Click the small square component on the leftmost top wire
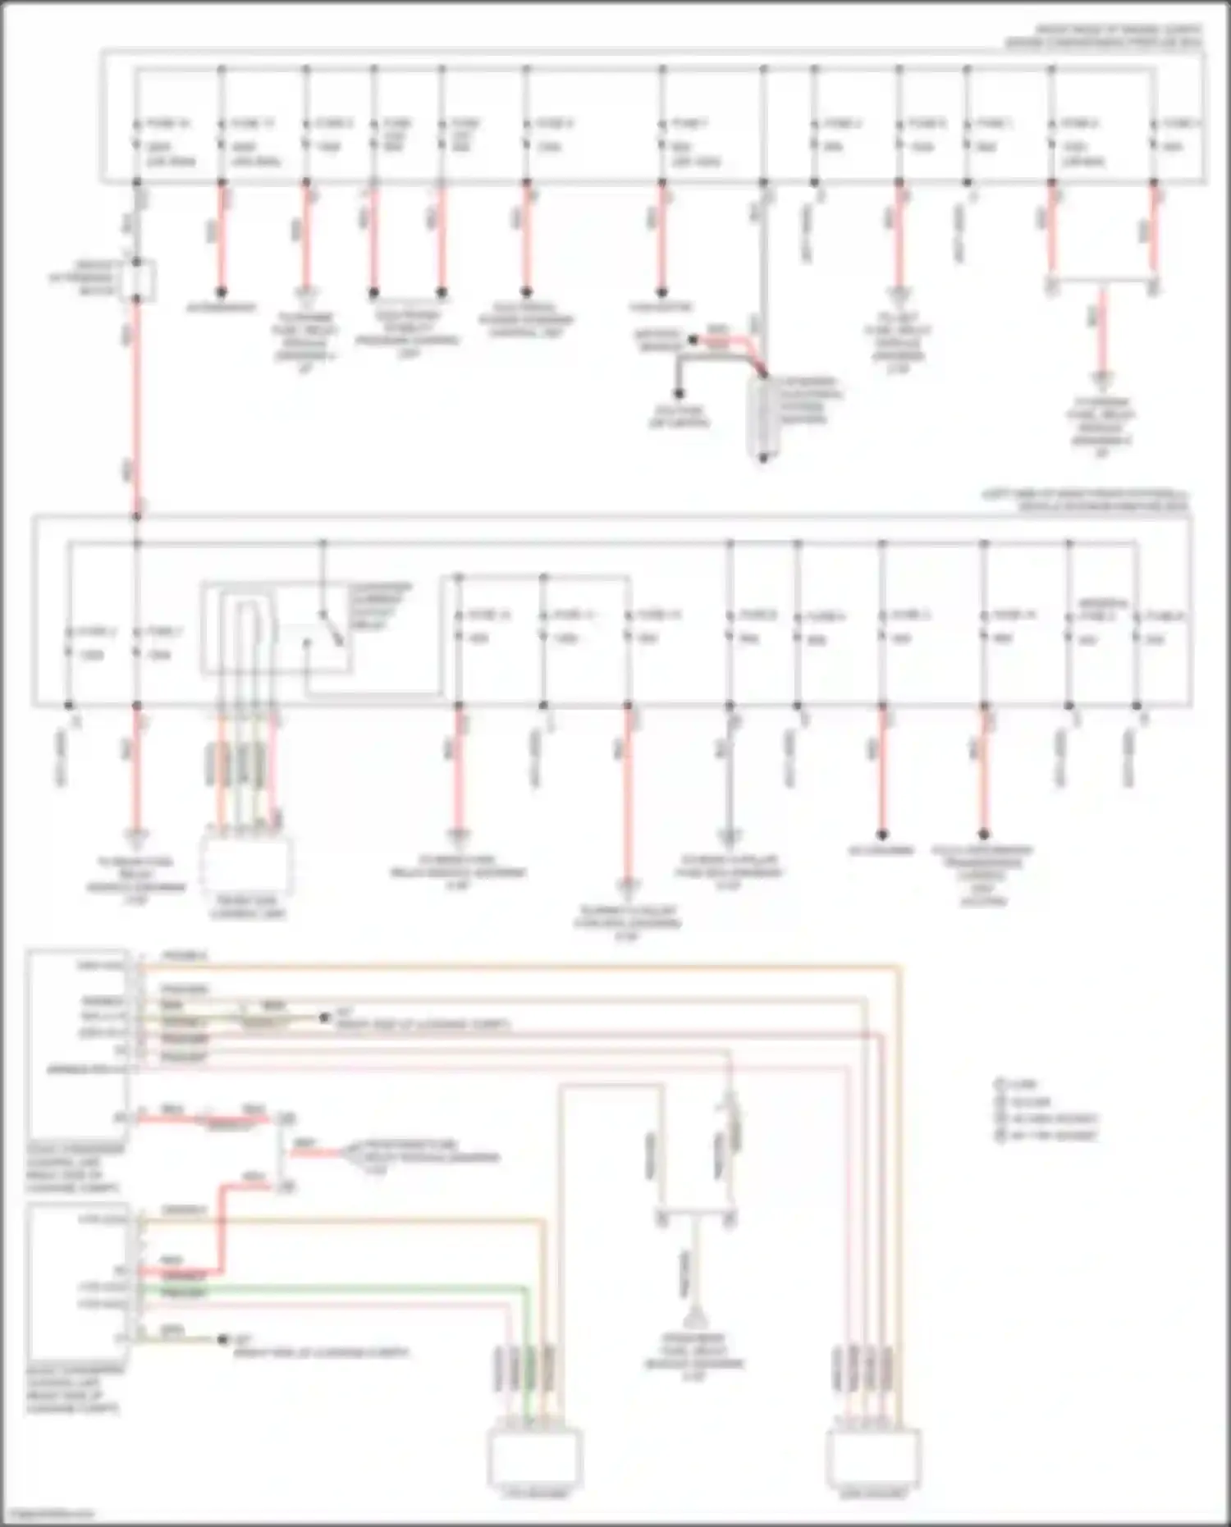point(138,279)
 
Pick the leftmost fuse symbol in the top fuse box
point(138,135)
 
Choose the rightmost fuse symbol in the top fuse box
point(1155,135)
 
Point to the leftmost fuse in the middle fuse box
point(69,643)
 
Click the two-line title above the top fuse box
point(1103,37)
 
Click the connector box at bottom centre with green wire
point(535,1456)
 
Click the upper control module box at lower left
point(77,1042)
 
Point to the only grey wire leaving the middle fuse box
point(729,771)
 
